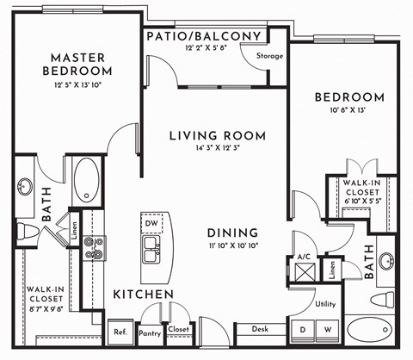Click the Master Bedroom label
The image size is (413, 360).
tap(77, 63)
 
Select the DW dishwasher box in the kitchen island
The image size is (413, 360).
tap(151, 223)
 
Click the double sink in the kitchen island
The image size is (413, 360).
tap(151, 250)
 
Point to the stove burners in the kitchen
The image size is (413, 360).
tap(92, 248)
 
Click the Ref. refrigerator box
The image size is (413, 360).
tap(118, 331)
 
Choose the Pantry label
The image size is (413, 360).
tap(149, 331)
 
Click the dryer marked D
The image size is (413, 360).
tap(302, 329)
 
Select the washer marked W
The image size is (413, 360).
tap(326, 329)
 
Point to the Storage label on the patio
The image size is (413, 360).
tap(268, 56)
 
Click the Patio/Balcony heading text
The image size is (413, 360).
tap(204, 35)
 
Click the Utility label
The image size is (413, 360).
tap(324, 304)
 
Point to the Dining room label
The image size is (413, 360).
tap(232, 233)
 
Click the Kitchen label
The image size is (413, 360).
tap(144, 295)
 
